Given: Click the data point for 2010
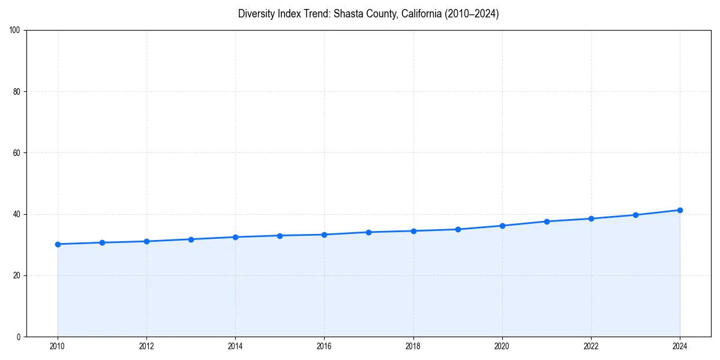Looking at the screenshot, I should (58, 244).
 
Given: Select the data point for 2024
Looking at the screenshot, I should (680, 210).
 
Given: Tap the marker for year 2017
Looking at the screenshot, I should (368, 232).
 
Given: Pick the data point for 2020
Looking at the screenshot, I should (502, 226).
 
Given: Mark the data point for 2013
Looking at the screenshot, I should (191, 239).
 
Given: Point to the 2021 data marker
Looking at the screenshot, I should (547, 221).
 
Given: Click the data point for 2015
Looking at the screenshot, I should (280, 235).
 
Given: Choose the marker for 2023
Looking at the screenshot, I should (635, 215).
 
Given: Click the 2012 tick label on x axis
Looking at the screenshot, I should (146, 346).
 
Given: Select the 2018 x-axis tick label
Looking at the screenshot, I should (413, 346).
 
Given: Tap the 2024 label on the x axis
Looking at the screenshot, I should (680, 346).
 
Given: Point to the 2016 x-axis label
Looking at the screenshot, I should (324, 346).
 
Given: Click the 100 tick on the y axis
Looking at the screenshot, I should (15, 30).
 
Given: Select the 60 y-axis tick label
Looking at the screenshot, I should (17, 153).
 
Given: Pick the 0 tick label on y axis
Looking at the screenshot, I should (19, 337).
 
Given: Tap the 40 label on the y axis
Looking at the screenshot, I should (17, 214).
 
